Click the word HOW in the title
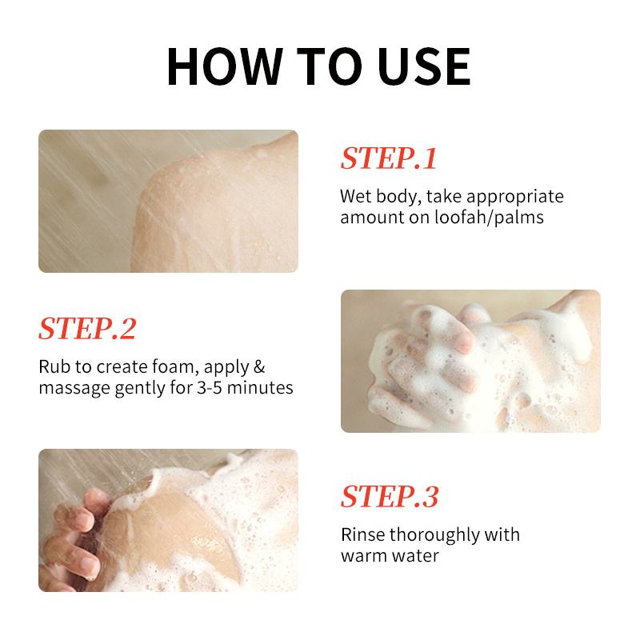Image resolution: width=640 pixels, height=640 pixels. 225,66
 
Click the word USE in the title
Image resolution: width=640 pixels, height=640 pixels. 425,66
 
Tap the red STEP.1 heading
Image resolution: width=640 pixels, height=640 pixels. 389,158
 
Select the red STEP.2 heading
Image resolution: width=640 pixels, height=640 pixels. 87,329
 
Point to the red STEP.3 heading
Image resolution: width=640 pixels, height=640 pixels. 390,497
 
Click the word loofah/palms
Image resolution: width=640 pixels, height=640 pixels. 489,217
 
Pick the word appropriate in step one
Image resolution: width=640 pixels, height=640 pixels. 515,197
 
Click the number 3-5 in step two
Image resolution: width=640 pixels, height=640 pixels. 210,387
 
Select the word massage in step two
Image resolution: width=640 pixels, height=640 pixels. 74,389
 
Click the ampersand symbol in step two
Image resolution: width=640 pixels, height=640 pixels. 259,366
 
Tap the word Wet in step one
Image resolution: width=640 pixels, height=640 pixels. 355,196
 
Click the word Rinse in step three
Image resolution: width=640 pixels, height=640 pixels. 362,534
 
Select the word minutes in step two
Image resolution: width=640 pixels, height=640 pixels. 260,387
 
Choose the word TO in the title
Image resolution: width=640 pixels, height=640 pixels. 330,66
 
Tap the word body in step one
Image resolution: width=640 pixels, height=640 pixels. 398,197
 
